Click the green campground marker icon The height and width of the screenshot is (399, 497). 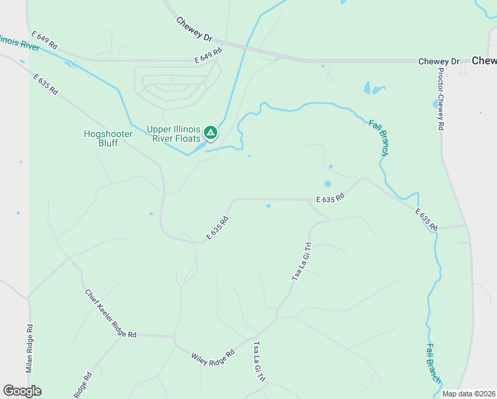[x=211, y=133]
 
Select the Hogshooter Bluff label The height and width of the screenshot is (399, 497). [x=108, y=138]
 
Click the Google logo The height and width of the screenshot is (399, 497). [x=22, y=391]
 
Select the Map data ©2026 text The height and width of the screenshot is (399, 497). [x=468, y=394]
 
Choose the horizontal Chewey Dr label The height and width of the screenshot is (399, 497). [x=439, y=62]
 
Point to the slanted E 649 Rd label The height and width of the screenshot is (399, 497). [x=45, y=41]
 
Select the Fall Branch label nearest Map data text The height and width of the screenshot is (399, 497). [x=433, y=362]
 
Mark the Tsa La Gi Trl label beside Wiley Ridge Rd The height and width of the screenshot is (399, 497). [x=260, y=361]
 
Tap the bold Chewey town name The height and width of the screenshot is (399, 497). [x=484, y=61]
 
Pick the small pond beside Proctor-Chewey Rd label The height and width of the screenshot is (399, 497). [x=435, y=104]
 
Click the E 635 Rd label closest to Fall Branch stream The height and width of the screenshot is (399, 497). [x=426, y=220]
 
